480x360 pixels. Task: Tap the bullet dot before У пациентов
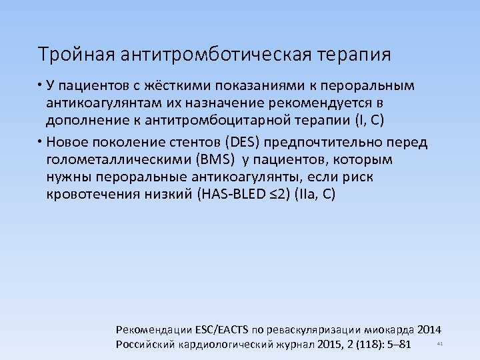pos(40,86)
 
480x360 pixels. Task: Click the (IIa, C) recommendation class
pos(316,195)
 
